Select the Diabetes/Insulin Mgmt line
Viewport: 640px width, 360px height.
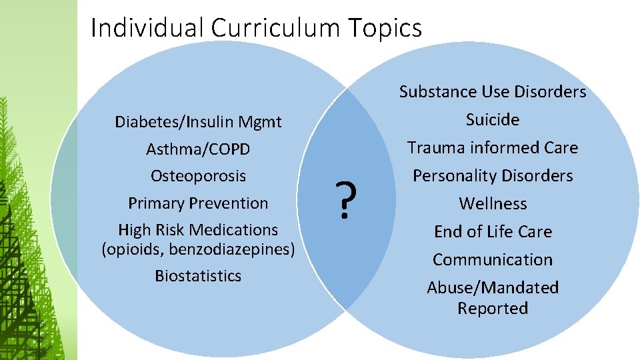[x=198, y=122]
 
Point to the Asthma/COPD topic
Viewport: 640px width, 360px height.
[x=198, y=149]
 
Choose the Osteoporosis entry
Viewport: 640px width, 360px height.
[x=198, y=176]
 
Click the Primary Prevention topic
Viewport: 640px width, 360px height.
[x=198, y=203]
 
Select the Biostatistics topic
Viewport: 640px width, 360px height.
[x=198, y=275]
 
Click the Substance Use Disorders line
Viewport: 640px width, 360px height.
[x=493, y=91]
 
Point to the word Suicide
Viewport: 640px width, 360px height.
[x=493, y=119]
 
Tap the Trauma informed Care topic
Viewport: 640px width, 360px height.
[x=493, y=147]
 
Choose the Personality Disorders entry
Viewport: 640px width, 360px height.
[x=493, y=176]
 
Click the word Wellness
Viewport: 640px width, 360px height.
[x=493, y=203]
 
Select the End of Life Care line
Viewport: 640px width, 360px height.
[x=493, y=231]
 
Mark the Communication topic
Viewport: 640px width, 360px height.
[x=493, y=259]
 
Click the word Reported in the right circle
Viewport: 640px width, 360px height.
[x=493, y=308]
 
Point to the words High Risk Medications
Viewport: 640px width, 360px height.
[x=198, y=230]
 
